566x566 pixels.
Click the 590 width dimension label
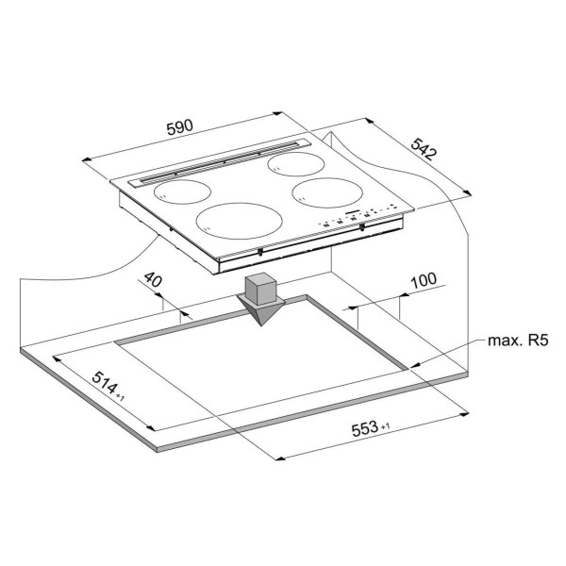180,126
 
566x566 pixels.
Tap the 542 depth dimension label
424,149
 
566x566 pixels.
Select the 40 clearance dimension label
153,279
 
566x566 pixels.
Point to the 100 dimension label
424,280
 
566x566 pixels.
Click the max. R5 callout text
518,341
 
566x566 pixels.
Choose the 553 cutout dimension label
364,429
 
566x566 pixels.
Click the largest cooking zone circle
240,221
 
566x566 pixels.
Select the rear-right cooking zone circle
296,164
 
